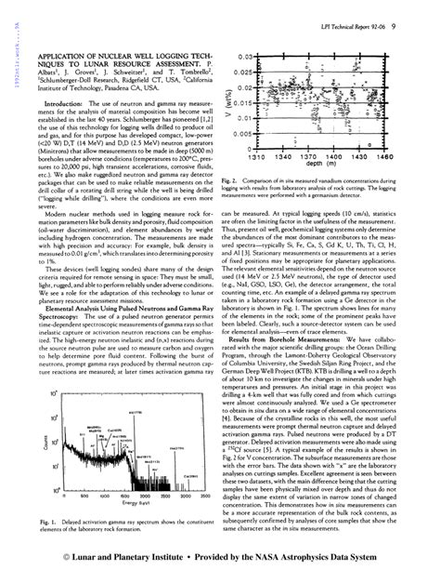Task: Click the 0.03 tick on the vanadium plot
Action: pos(241,58)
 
